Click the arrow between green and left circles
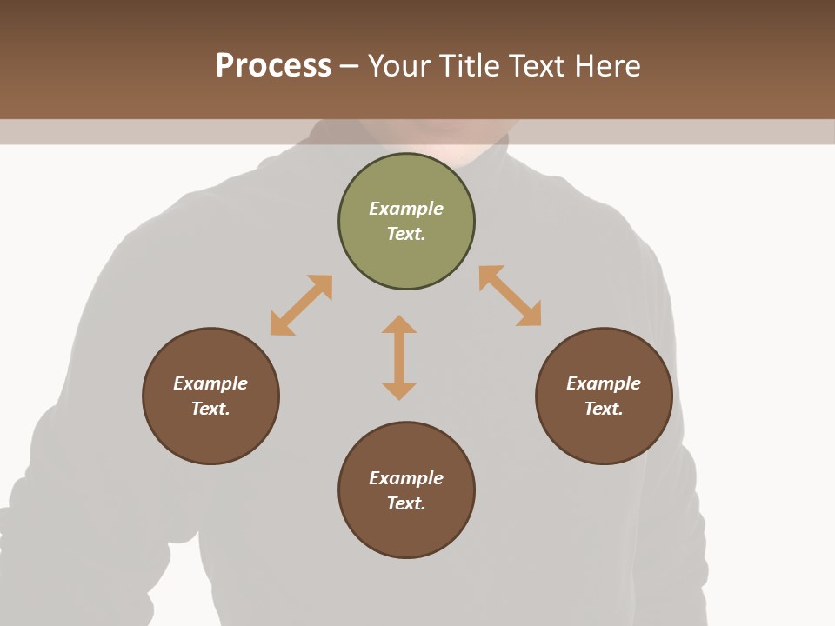point(301,305)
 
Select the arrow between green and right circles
point(510,296)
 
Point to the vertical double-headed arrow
point(399,357)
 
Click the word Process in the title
point(273,65)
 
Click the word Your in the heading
point(400,65)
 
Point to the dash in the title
point(350,66)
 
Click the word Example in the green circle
point(406,209)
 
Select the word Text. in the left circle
point(210,409)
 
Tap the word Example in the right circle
point(604,383)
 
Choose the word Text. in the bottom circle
point(406,503)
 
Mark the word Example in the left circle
point(210,383)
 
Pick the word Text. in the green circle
point(406,234)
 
